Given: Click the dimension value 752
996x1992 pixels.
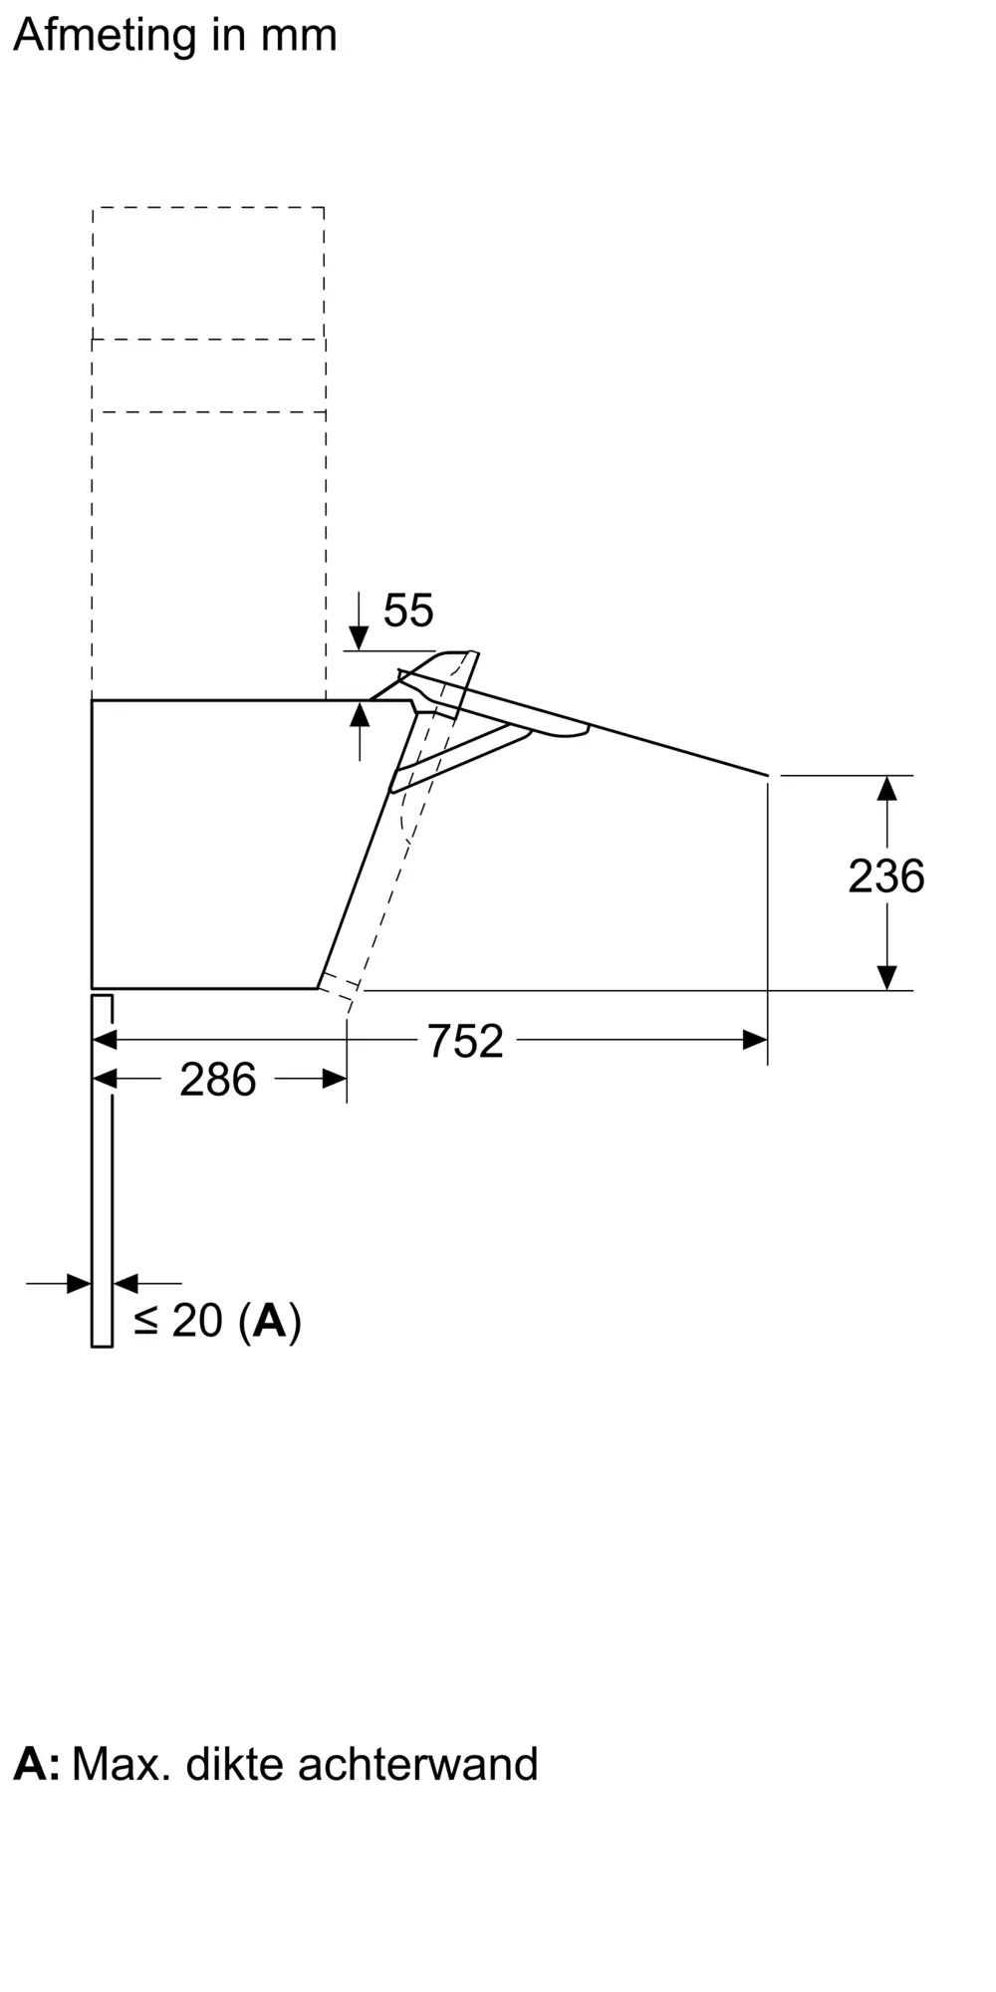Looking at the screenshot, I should pos(465,1042).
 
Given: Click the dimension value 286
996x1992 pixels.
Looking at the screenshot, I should pos(218,1080).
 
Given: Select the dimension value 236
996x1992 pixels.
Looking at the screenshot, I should pos(885,876).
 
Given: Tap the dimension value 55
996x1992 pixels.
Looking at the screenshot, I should pos(408,611).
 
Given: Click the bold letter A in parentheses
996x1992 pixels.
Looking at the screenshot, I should pos(270,1321).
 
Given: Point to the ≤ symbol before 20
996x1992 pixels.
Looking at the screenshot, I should pos(146,1322).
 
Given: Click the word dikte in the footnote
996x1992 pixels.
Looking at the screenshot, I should pos(235,1764).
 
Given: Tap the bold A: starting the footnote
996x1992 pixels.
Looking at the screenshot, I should pos(37,1764).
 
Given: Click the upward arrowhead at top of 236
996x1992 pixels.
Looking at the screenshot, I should pos(886,789).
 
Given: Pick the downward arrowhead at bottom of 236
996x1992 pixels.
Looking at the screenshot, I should pos(886,977).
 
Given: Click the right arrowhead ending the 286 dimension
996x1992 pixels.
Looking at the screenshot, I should pos(335,1079).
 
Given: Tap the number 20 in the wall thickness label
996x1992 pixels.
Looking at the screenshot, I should pos(197,1321).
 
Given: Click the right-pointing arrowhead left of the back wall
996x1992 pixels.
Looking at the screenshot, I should pos(79,1284).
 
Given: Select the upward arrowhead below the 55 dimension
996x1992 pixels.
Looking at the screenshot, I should pos(360,715).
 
